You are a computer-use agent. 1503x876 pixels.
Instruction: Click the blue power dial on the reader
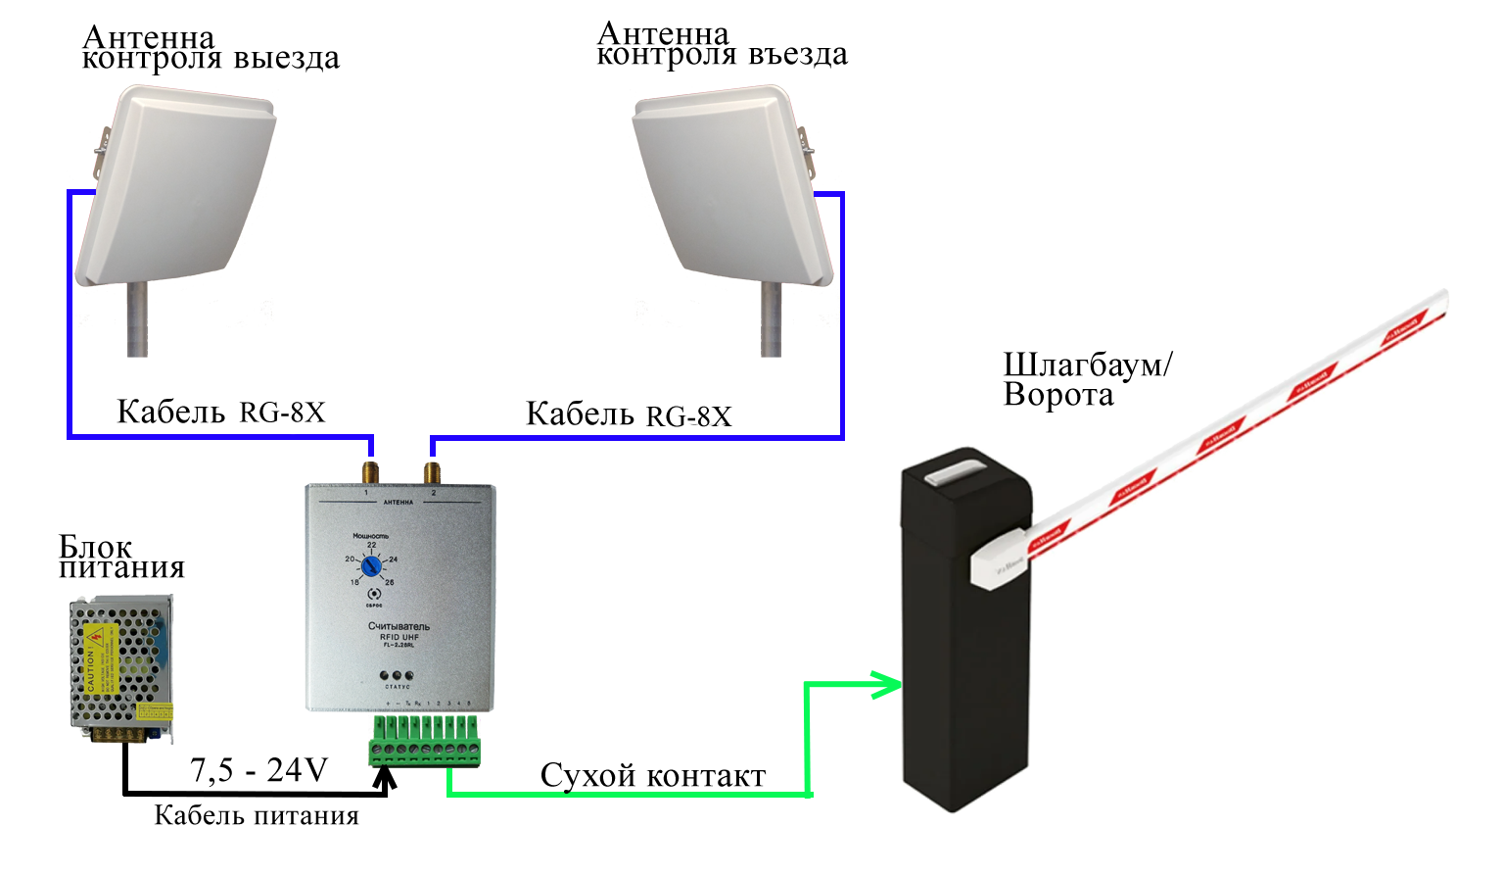tap(371, 566)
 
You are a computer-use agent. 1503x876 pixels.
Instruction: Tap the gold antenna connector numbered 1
tap(370, 469)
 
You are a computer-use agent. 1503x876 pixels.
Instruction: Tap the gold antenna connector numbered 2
tap(432, 469)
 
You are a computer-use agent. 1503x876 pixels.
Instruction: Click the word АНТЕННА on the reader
tap(399, 502)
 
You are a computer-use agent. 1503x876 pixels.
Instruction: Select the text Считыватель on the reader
tap(399, 626)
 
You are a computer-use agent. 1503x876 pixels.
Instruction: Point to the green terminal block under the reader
tap(425, 741)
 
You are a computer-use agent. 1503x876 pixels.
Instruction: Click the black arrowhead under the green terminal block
tap(385, 777)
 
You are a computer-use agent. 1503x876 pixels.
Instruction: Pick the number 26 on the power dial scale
tap(389, 582)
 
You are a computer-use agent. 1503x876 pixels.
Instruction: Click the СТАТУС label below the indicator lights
tap(398, 687)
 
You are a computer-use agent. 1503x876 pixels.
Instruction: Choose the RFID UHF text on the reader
tap(399, 637)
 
